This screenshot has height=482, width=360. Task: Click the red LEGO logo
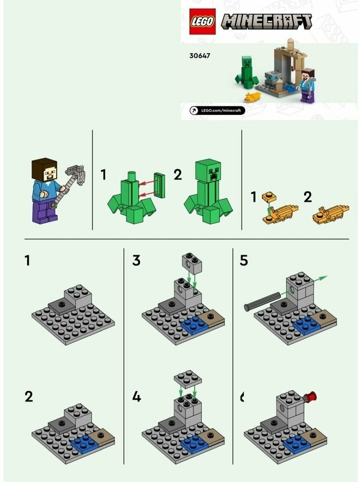(x=202, y=22)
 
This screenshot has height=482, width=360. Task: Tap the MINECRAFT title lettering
(x=266, y=22)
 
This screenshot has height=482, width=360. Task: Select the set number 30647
(x=199, y=55)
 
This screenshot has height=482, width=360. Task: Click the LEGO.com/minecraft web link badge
(x=217, y=110)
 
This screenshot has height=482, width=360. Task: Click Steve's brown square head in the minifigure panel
(x=44, y=169)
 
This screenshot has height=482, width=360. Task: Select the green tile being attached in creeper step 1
(x=159, y=186)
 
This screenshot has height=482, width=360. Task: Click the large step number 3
(x=136, y=260)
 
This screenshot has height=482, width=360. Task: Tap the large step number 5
(x=244, y=260)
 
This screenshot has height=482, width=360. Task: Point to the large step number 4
(x=136, y=397)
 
